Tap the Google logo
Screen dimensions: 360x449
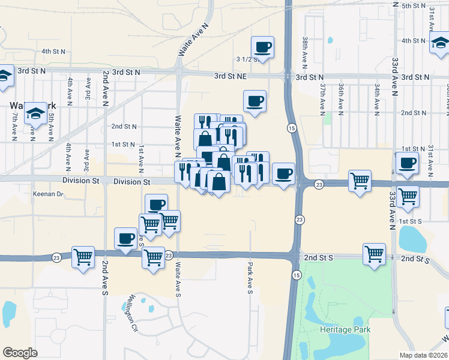tap(20, 352)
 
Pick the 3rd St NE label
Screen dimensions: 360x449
tap(231, 77)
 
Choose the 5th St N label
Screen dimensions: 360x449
tap(414, 5)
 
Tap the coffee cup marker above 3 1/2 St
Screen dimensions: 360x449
tap(262, 46)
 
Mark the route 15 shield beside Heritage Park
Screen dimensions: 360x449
tap(297, 275)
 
